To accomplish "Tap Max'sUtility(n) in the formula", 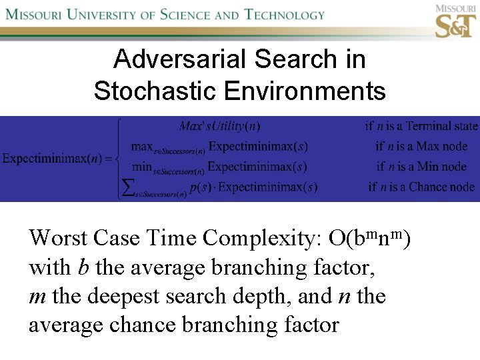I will (x=220, y=125).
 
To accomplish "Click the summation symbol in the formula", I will (x=125, y=187).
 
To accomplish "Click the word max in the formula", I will (x=142, y=145).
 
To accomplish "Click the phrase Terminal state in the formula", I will (x=442, y=125).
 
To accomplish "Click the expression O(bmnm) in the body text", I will (x=369, y=237).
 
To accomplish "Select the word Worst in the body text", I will (x=57, y=237).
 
